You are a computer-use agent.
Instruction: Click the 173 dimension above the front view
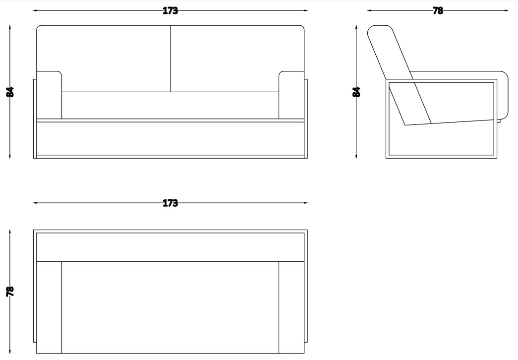point(170,11)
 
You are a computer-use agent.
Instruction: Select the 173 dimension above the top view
point(170,203)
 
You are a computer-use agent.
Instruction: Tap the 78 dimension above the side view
point(438,11)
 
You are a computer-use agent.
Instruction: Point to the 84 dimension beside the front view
point(10,92)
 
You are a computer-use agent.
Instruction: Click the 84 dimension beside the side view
point(356,92)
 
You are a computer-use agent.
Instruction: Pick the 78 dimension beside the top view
point(10,291)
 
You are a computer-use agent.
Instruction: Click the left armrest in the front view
point(49,95)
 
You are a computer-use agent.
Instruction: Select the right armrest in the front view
point(291,95)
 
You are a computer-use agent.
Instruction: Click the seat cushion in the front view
point(170,105)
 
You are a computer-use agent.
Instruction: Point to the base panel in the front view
point(170,138)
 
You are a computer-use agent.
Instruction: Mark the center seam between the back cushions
point(171,59)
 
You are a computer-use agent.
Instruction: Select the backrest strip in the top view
point(170,247)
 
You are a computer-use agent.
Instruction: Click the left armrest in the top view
point(49,307)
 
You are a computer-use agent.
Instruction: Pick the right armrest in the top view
point(291,307)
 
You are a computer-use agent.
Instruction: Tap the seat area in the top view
point(170,307)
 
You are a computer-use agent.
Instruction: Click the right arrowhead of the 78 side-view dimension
point(507,10)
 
